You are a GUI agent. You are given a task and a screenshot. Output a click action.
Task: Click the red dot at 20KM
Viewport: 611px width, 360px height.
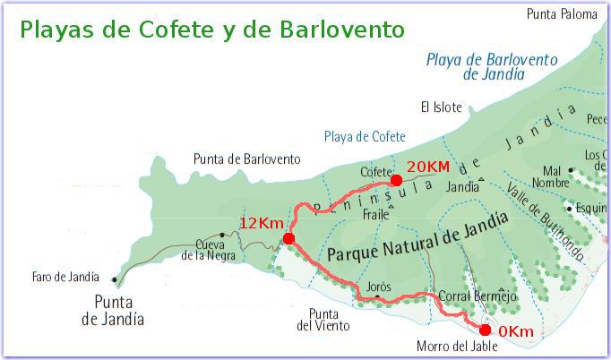click(x=396, y=180)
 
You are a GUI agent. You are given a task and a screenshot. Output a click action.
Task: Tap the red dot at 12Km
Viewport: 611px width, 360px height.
click(x=288, y=238)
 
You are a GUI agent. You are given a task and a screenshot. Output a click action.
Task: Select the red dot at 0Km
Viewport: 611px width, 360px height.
click(x=486, y=330)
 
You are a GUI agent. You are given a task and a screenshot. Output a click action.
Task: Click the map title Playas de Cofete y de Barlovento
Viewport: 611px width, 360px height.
click(x=211, y=30)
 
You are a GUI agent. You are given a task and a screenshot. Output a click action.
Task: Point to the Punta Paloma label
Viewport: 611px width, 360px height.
click(x=561, y=13)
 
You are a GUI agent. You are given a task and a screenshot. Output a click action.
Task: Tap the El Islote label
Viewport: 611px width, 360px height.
click(x=442, y=107)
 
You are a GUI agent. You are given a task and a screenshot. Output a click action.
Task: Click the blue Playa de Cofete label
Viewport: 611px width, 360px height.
click(x=365, y=136)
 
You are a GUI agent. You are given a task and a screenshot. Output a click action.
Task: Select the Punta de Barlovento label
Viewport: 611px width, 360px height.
click(x=246, y=159)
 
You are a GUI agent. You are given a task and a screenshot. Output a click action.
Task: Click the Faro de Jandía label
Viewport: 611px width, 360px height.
click(x=63, y=277)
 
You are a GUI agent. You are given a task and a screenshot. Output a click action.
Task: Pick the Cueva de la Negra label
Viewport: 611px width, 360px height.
click(x=209, y=250)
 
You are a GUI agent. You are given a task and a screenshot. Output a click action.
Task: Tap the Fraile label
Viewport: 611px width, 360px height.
click(x=376, y=216)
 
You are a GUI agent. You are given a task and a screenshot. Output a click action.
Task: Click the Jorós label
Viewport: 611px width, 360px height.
click(x=379, y=286)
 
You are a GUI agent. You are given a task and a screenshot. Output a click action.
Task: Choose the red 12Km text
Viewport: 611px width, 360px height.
click(x=261, y=222)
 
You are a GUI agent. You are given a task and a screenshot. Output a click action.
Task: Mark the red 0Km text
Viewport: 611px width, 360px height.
click(x=515, y=332)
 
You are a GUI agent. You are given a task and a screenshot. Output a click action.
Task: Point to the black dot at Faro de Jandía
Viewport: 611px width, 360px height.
click(x=114, y=279)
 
